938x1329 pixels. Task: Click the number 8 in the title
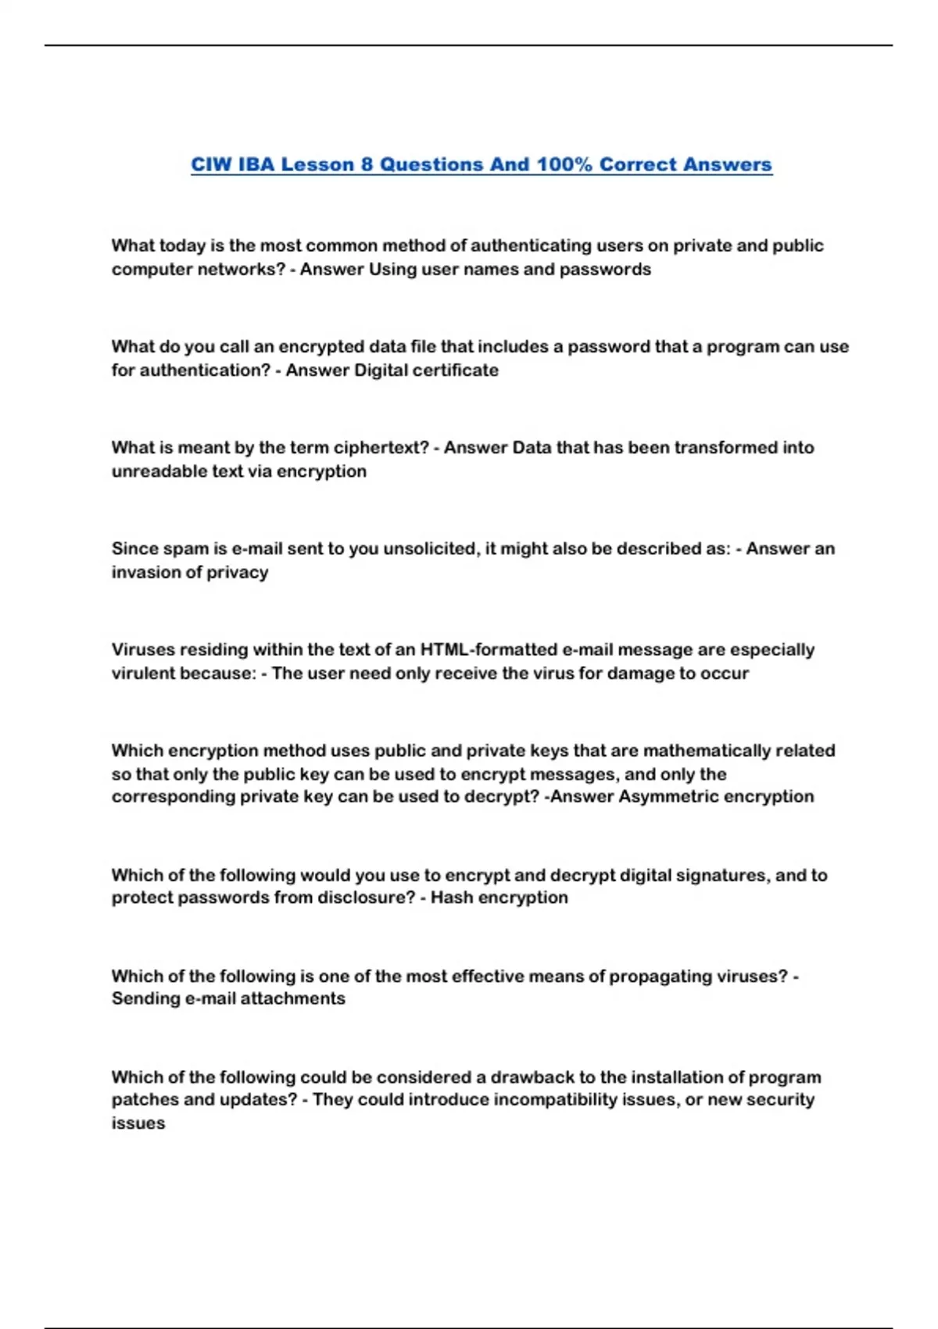click(367, 165)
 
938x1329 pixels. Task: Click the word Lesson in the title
click(317, 165)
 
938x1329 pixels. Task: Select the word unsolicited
click(428, 549)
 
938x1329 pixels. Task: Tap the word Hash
click(452, 897)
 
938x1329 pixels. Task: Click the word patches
click(141, 1100)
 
